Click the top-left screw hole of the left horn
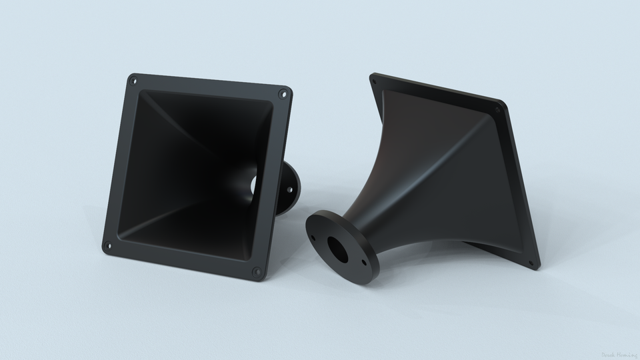tap(133, 81)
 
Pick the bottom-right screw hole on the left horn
tap(257, 271)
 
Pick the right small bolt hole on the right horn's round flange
tap(364, 263)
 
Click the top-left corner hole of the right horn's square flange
tap(373, 83)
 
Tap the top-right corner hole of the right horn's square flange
tap(497, 109)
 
